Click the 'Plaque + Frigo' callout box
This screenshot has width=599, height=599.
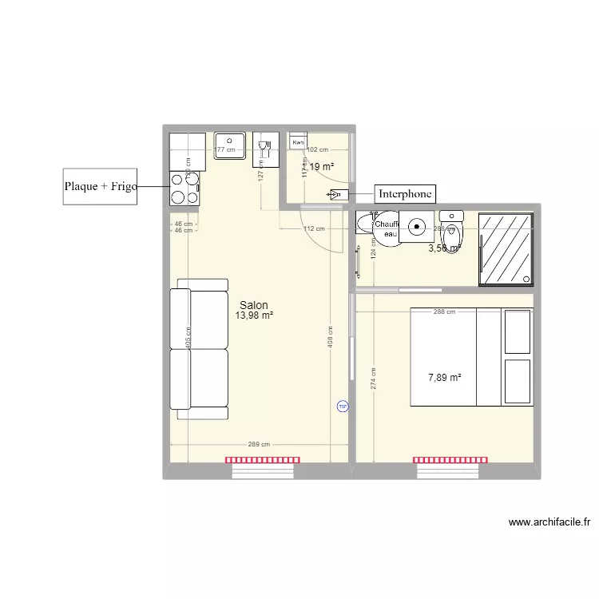tap(101, 186)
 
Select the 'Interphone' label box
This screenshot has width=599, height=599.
tap(405, 194)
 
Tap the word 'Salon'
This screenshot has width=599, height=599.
tap(254, 305)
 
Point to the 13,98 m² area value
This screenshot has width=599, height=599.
tap(254, 315)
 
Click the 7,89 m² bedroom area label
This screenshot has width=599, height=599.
tap(445, 378)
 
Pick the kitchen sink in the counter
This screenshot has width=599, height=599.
tap(229, 145)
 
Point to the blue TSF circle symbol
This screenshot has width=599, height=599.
tap(343, 406)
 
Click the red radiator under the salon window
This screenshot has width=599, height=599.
tap(263, 460)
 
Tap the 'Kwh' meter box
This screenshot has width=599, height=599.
tap(298, 142)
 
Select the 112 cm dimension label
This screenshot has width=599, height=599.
tap(314, 229)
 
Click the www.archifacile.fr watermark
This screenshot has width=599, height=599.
tap(549, 523)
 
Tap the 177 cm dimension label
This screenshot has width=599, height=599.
tap(225, 149)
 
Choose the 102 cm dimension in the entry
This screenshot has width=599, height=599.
tap(318, 149)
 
